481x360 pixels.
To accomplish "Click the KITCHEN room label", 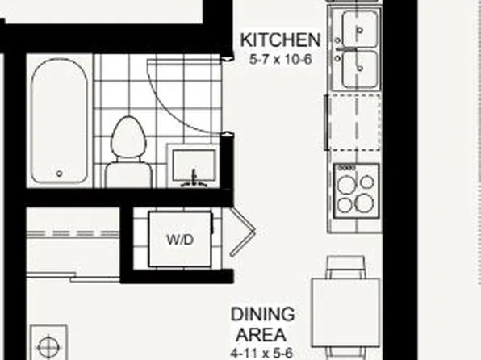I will click(281, 40).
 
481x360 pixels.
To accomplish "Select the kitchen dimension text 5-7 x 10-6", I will click(281, 58).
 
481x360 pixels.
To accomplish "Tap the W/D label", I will click(178, 240).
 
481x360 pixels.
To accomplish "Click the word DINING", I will click(262, 314).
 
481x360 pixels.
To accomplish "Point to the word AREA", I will click(262, 333).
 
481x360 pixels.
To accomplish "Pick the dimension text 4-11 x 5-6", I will click(262, 352).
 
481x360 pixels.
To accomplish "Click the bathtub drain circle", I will click(60, 173).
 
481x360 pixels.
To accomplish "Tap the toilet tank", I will click(124, 174).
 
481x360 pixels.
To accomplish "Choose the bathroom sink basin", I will click(194, 161).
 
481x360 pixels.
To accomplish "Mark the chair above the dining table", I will click(345, 267).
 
